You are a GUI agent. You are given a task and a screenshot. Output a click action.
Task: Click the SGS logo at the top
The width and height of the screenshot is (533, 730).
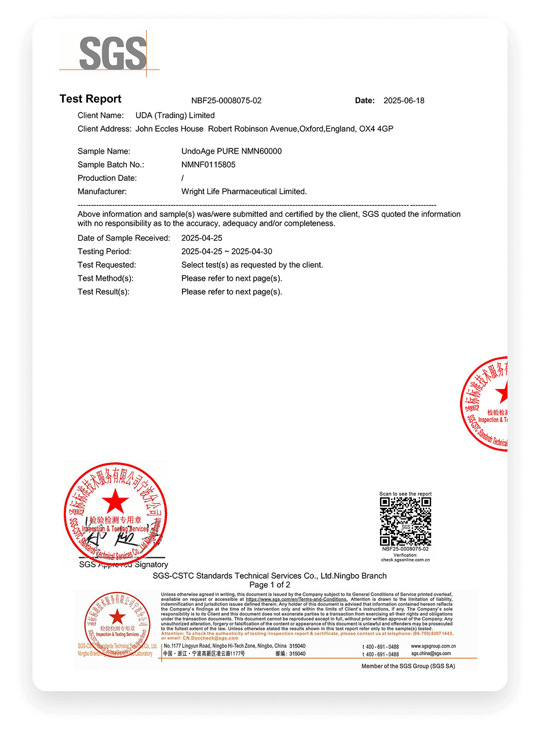[113, 53]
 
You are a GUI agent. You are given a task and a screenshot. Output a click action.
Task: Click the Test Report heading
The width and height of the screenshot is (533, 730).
[90, 99]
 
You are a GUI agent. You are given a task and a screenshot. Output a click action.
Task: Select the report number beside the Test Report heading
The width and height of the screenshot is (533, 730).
[226, 101]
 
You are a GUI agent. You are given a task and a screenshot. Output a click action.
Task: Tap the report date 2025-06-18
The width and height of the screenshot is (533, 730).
[404, 101]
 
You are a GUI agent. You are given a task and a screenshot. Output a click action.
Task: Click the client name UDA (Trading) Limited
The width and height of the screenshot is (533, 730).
[175, 115]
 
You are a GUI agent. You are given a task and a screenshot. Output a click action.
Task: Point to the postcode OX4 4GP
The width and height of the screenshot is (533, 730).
[377, 129]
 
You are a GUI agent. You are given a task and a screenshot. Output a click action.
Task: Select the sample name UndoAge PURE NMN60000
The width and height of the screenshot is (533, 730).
[232, 151]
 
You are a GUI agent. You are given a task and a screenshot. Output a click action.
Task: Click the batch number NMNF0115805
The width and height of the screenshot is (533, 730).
[209, 165]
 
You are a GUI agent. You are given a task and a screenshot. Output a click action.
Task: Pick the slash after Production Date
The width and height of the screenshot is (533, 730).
[182, 178]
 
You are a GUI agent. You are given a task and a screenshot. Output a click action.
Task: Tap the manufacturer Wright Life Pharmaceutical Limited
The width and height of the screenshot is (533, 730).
[244, 191]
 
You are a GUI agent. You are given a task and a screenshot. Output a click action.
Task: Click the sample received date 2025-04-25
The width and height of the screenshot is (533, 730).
[202, 238]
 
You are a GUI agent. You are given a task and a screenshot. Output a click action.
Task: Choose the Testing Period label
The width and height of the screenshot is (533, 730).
[104, 252]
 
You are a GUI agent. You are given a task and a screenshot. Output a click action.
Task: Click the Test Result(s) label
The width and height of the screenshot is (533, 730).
[103, 292]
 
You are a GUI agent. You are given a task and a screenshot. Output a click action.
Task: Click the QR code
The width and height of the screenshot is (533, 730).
[406, 521]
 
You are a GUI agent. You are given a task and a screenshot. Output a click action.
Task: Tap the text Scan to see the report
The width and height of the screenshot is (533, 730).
[406, 494]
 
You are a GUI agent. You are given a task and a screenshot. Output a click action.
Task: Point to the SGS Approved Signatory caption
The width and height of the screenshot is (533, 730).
[123, 565]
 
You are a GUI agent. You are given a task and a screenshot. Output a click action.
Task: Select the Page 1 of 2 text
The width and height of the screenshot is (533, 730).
[269, 584]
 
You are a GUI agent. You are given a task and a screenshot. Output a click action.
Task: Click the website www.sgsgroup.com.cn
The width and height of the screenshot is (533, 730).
[433, 646]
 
